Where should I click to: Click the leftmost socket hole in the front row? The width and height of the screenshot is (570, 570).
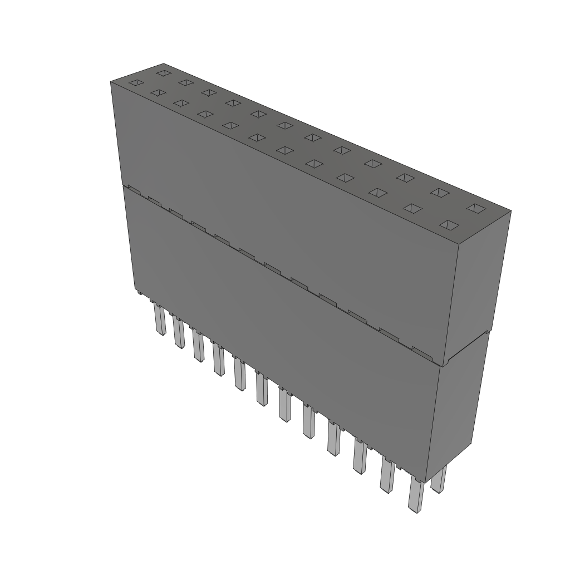point(136,83)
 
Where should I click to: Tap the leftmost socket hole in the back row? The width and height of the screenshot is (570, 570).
point(163,73)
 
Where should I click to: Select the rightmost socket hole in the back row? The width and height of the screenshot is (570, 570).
point(476,208)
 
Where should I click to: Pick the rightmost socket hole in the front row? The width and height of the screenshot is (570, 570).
point(449,225)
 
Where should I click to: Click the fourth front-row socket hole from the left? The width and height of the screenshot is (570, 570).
point(205,114)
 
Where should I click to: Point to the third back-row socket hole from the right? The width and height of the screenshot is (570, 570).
point(405,178)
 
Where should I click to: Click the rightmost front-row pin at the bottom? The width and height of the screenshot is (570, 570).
point(415,495)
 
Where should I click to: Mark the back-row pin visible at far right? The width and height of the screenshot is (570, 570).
point(439,480)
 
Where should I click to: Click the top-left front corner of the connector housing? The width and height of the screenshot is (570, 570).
point(111,82)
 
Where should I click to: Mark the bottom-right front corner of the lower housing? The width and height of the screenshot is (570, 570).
point(427,482)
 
